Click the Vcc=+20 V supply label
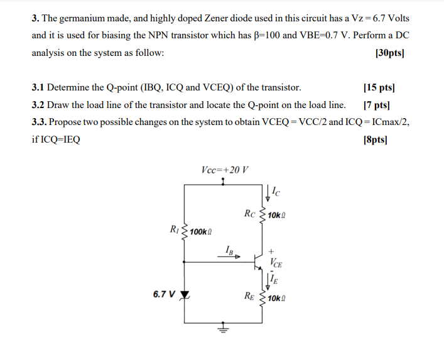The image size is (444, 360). pyautogui.click(x=225, y=170)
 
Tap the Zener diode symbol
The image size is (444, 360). pyautogui.click(x=185, y=294)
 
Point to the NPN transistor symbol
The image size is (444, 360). pyautogui.click(x=259, y=258)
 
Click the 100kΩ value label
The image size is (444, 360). pyautogui.click(x=201, y=231)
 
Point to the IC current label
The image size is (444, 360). pyautogui.click(x=276, y=189)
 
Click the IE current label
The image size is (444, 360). pyautogui.click(x=275, y=278)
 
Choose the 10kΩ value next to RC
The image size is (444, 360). pyautogui.click(x=278, y=215)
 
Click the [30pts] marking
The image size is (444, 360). pyautogui.click(x=389, y=53)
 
